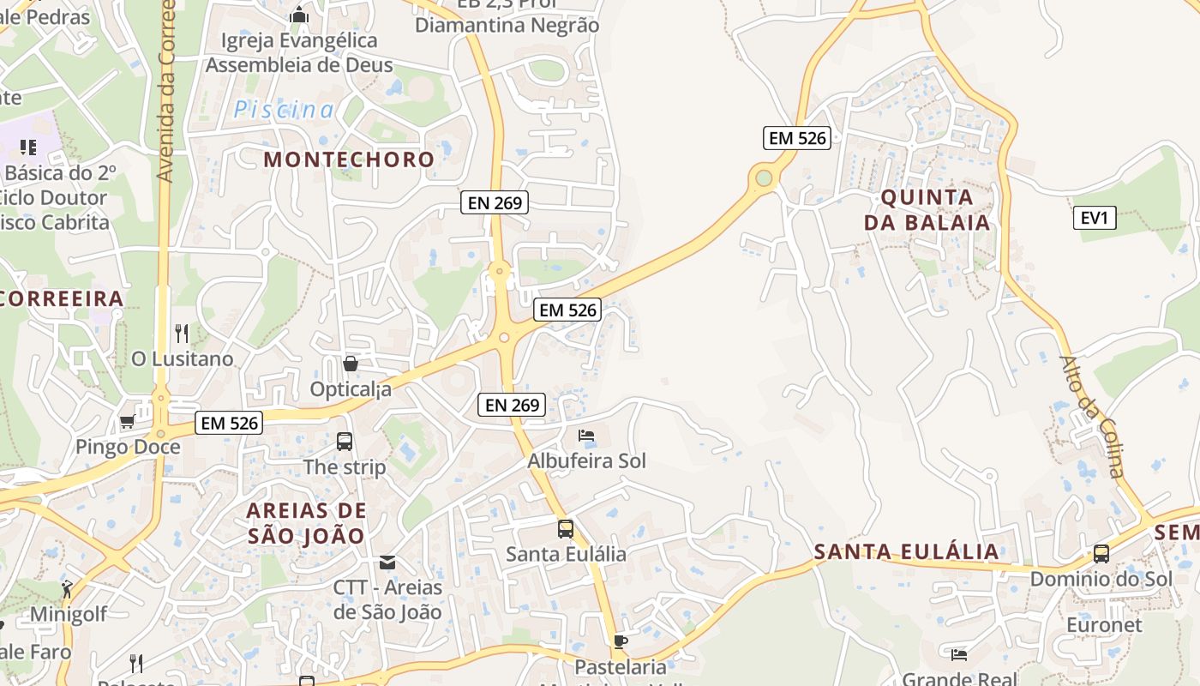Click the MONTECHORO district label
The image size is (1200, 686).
point(349,159)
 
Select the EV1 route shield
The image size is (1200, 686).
point(1095,218)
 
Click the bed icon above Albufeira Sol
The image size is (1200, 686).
point(586,436)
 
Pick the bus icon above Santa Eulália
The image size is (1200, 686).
point(566,528)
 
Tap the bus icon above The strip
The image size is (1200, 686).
point(345,442)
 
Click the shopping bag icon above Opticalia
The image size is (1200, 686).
point(350,364)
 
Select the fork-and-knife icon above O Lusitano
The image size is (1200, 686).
point(182,333)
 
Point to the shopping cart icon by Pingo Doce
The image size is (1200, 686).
point(127,421)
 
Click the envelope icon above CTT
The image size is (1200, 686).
point(387,562)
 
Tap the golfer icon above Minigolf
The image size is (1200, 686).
point(67,589)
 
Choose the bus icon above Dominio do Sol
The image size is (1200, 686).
point(1101,553)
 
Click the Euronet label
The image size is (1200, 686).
point(1104,624)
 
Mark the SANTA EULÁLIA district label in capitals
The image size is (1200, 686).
point(907,551)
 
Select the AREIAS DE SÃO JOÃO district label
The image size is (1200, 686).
point(306,523)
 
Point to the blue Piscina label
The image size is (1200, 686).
point(285,110)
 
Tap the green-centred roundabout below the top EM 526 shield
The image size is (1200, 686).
point(764,178)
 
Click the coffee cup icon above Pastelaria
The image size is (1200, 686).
point(621,641)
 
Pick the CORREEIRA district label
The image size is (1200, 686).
point(62,298)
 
